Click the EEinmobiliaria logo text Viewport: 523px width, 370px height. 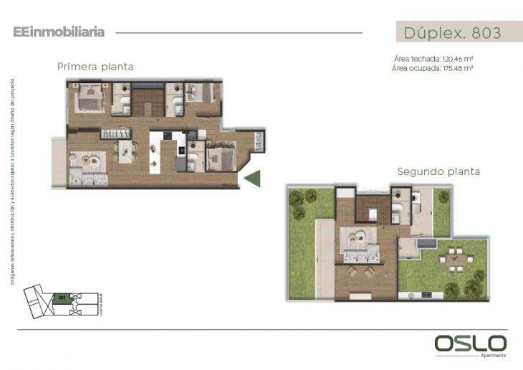point(59,32)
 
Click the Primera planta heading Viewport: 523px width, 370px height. point(95,67)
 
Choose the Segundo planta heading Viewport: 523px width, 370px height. point(438,172)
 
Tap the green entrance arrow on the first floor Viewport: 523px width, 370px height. point(252,178)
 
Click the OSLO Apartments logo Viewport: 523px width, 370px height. point(470,345)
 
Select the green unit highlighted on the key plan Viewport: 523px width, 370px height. point(62,297)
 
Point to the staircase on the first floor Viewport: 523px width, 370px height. point(148,100)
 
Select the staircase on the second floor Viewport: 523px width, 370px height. point(373,208)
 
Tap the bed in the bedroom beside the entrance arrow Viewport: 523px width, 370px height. point(222,156)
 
